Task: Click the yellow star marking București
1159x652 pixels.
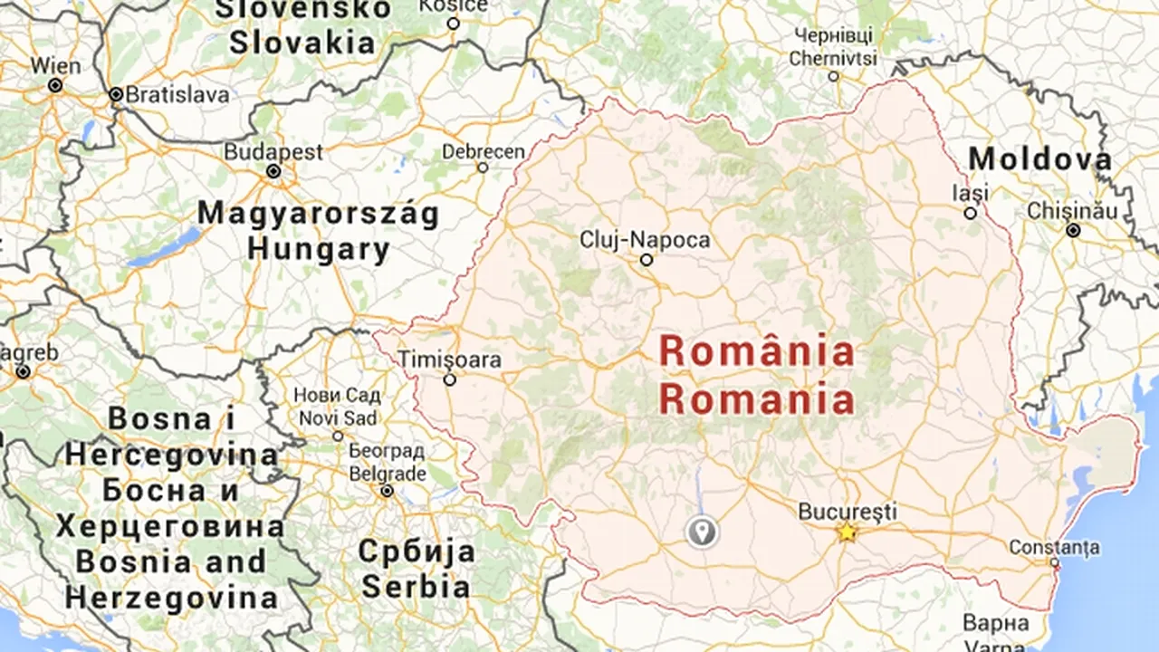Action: (x=847, y=532)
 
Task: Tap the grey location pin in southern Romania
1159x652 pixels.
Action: (x=702, y=532)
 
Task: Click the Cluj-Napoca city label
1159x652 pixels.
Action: (x=645, y=240)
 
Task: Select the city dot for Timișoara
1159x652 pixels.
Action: (x=449, y=380)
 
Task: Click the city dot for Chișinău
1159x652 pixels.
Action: (x=1073, y=231)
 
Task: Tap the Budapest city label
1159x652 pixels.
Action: (x=273, y=151)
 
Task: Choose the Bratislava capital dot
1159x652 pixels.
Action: (x=116, y=94)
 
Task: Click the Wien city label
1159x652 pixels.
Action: (x=55, y=66)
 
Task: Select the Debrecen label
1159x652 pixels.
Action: (x=484, y=151)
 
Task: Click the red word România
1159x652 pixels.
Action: (x=757, y=352)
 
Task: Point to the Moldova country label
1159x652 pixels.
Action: (x=1040, y=159)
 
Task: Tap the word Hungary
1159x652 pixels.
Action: (x=319, y=249)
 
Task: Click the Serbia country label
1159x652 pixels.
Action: (x=417, y=585)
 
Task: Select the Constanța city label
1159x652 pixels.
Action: (x=1054, y=547)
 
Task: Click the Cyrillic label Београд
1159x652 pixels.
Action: (x=387, y=451)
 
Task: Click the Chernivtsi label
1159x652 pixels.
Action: (x=833, y=59)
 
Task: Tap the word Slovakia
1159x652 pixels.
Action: (x=302, y=43)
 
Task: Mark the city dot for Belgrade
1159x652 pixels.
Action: (x=387, y=491)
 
